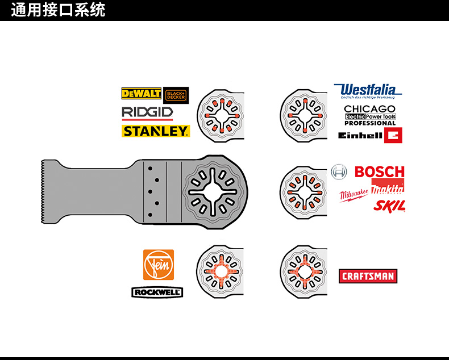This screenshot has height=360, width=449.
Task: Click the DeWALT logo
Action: [141, 93]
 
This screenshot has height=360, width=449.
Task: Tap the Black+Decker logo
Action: [176, 95]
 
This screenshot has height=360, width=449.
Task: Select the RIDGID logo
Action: [147, 112]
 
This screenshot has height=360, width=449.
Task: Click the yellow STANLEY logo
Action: [155, 131]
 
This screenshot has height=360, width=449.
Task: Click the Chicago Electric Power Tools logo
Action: [370, 114]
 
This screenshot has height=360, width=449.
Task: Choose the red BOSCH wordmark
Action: [379, 171]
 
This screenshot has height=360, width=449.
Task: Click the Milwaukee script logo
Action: [354, 195]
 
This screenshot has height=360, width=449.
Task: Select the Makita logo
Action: [388, 188]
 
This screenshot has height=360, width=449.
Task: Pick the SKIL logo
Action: [389, 206]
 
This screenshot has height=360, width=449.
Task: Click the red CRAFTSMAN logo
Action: [368, 277]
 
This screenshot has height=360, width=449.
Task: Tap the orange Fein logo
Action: [158, 265]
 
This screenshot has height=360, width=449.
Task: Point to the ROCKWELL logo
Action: [157, 292]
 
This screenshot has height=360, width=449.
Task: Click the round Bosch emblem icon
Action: [339, 171]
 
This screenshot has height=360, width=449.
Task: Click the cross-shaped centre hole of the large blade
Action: [211, 191]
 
